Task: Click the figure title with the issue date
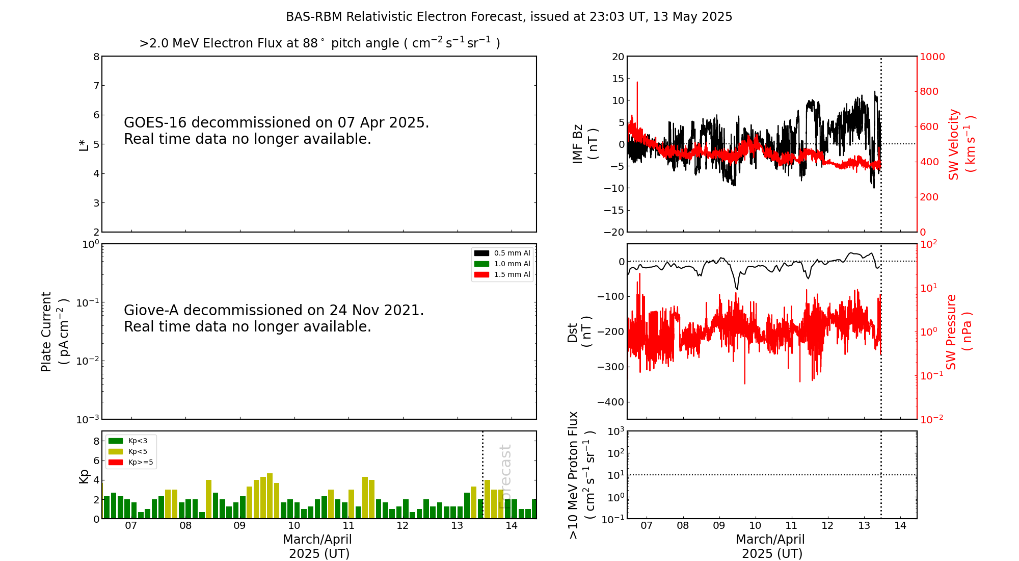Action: (x=509, y=17)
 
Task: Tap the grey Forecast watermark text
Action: (x=505, y=476)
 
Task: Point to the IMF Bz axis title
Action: (x=585, y=144)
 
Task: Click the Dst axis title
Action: (x=579, y=331)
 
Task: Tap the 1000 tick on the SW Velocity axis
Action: (x=932, y=57)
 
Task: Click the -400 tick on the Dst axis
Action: (x=611, y=402)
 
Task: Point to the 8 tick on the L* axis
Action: (x=96, y=57)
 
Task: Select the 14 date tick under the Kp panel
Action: (x=511, y=526)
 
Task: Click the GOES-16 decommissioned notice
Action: (x=276, y=131)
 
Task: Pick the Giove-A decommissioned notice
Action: (x=274, y=318)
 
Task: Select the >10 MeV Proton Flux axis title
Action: (x=581, y=475)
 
